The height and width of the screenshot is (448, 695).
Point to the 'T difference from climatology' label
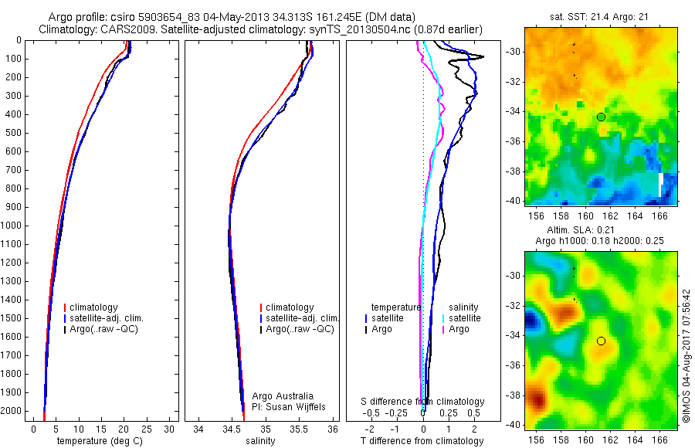(x=422, y=441)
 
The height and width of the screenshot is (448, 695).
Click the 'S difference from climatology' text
(x=423, y=402)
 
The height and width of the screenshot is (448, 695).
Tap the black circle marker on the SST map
(x=601, y=117)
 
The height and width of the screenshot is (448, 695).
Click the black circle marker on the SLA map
(x=601, y=341)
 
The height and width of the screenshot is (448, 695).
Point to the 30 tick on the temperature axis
(x=170, y=429)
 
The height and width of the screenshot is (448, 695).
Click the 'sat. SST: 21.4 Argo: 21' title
(x=600, y=16)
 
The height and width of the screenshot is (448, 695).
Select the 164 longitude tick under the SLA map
(x=636, y=440)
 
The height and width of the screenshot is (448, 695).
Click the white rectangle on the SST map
(x=661, y=185)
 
